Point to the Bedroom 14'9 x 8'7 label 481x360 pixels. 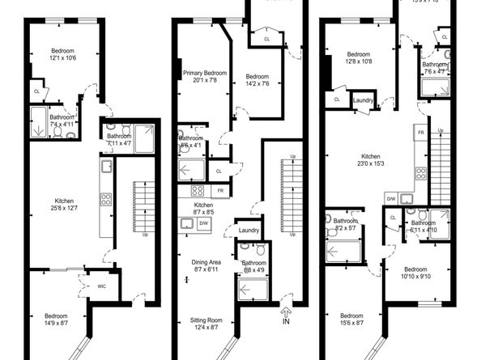point(56,320)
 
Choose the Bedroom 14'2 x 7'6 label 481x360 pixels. point(258,80)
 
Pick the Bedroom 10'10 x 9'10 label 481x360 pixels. point(415,273)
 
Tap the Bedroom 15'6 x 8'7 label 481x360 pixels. point(351,320)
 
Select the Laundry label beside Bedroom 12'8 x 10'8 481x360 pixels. point(363,100)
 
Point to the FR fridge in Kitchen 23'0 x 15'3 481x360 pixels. point(421,131)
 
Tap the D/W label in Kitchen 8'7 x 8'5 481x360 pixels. point(203,222)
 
